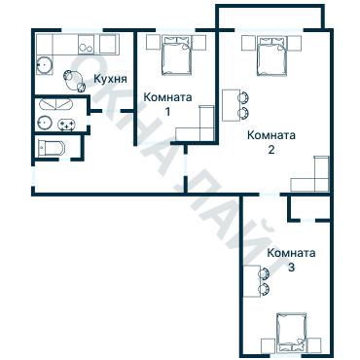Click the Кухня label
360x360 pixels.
tap(110, 79)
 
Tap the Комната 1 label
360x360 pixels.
tap(167, 104)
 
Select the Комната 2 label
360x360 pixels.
tap(271, 142)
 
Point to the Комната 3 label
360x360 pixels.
tap(291, 260)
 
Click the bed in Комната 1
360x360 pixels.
tap(175, 55)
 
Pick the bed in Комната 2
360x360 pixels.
tap(271, 56)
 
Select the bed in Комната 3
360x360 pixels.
tap(292, 334)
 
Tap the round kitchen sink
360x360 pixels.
tap(44, 66)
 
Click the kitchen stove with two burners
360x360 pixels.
tap(86, 44)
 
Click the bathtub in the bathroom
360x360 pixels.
tap(56, 104)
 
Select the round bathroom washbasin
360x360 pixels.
tap(45, 123)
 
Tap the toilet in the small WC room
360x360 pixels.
tap(51, 148)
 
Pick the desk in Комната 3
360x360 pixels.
tap(252, 281)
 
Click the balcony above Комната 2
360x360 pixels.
tap(270, 18)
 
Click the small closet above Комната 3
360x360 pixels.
tap(309, 207)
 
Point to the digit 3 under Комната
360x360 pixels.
tap(291, 269)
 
